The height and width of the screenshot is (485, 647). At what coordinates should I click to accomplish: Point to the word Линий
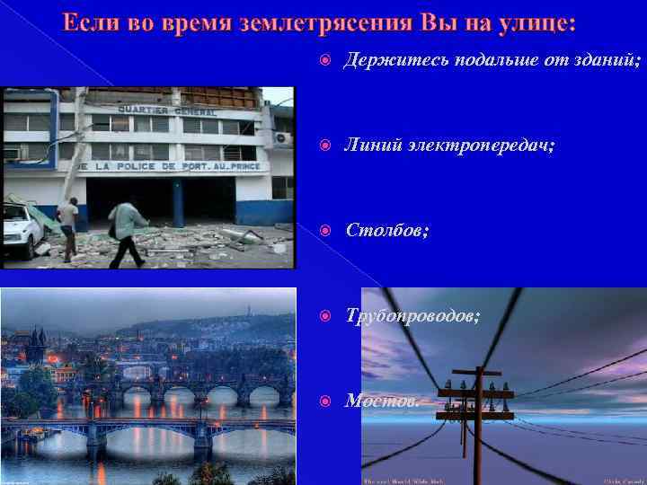369,145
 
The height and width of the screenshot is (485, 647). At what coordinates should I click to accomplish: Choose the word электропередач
475,145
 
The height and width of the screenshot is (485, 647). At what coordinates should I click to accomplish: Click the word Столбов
386,231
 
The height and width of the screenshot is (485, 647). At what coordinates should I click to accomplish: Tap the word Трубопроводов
412,316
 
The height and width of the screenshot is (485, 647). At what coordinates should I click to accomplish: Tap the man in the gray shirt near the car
68,227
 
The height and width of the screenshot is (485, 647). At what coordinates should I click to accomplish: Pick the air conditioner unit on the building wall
282,138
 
